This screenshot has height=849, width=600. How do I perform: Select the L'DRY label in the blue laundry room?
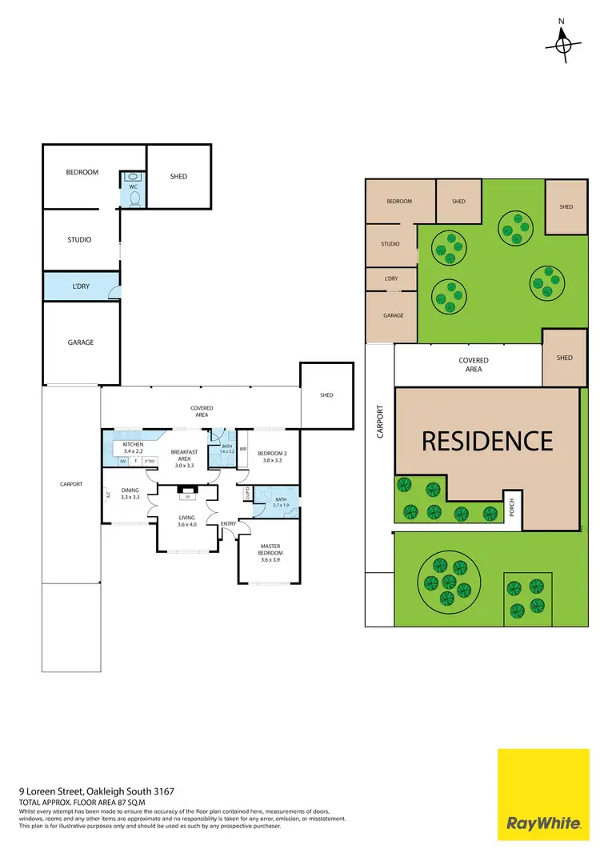81,286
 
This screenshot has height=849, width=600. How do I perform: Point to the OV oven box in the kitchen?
123,461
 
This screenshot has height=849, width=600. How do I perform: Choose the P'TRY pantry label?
150,461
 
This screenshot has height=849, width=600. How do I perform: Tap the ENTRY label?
229,524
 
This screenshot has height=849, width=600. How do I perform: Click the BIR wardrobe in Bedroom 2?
242,449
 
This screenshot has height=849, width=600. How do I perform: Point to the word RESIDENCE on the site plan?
487,441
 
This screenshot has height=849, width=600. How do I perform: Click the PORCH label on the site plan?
512,507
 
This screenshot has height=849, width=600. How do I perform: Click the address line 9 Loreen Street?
97,791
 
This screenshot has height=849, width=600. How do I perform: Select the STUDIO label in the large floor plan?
79,240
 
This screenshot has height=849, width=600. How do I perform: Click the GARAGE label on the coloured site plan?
393,315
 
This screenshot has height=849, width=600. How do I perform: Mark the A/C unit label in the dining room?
108,495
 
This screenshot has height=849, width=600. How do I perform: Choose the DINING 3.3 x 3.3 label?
130,494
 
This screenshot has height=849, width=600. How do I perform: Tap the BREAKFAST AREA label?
185,459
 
